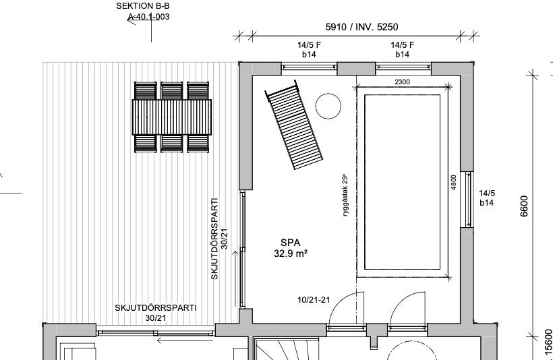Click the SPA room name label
[x=291, y=243]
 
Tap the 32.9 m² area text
[x=291, y=253]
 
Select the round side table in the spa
[x=328, y=106]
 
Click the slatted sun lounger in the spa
[x=294, y=125]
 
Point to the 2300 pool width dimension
[x=402, y=82]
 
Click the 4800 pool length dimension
[x=454, y=182]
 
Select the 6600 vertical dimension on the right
[x=525, y=206]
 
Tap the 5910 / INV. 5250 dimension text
[x=361, y=27]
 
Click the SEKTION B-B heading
[x=143, y=6]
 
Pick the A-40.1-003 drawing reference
[x=148, y=17]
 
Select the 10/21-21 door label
[x=314, y=300]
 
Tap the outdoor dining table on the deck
[x=172, y=117]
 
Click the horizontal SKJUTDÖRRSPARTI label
[x=156, y=308]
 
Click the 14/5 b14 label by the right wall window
[x=487, y=198]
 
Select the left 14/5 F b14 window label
[x=309, y=50]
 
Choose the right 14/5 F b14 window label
[x=403, y=50]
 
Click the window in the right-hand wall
[x=468, y=200]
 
